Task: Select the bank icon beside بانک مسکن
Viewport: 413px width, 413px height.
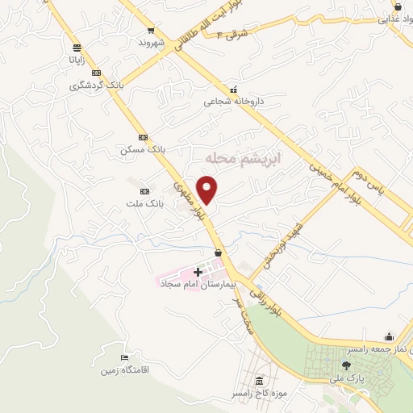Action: point(143,138)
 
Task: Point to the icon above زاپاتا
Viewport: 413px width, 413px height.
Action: point(76,48)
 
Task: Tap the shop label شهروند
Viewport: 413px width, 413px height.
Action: point(151,41)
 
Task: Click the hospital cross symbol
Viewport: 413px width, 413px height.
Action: point(198,272)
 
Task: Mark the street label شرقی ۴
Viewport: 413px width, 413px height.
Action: point(237,33)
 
